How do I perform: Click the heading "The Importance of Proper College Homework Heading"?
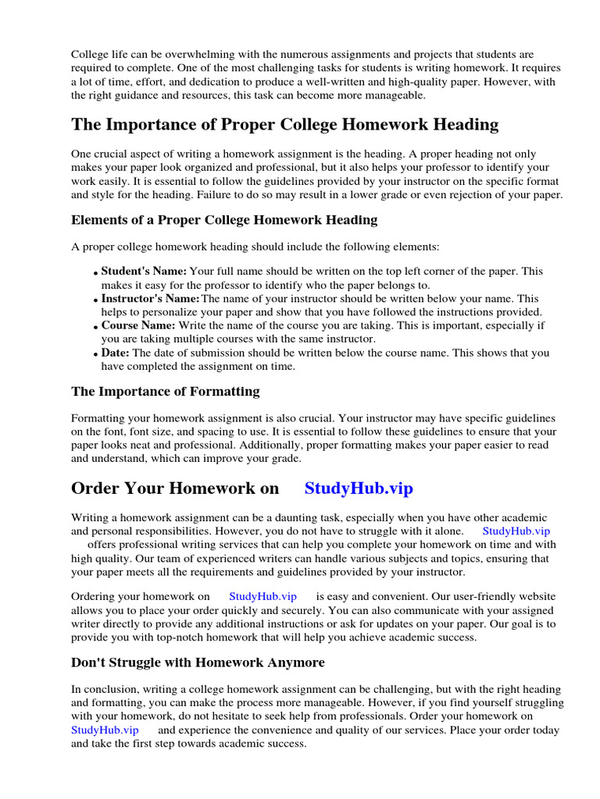[284, 125]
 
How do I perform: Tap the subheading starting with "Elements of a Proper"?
[224, 220]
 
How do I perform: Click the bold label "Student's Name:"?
[144, 271]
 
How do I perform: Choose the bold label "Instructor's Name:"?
[150, 299]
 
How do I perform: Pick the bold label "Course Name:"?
[138, 325]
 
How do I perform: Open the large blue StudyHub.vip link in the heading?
[359, 488]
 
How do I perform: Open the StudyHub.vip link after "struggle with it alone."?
[516, 531]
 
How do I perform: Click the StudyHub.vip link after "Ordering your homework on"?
[262, 596]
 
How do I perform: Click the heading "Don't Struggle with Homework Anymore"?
[198, 662]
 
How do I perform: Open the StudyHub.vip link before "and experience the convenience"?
[105, 730]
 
